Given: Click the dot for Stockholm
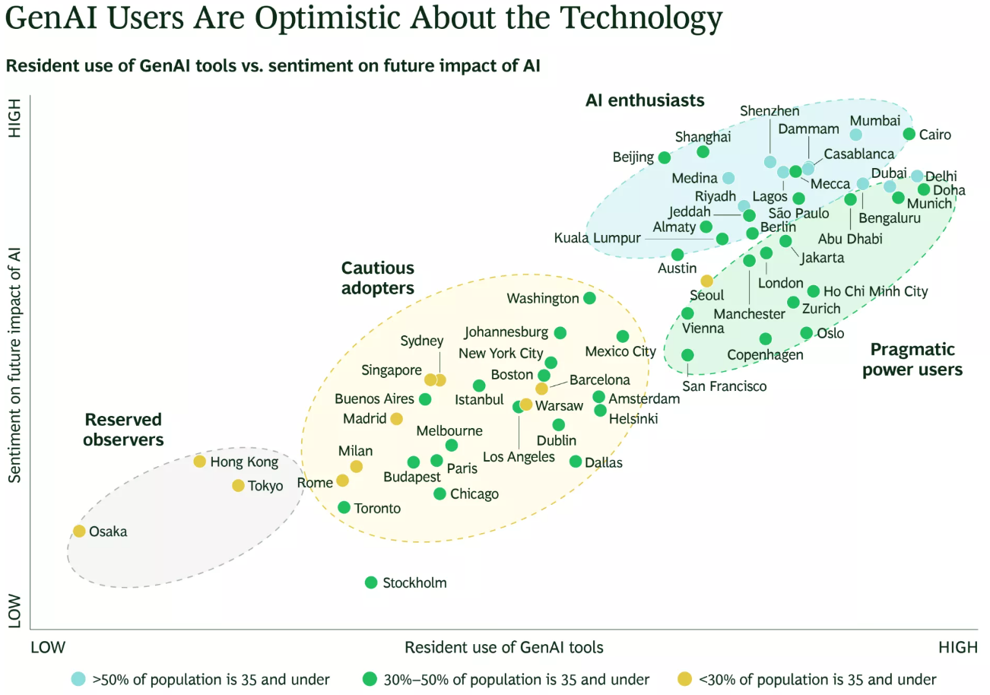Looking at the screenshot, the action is click(371, 582).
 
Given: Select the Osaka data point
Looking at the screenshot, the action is click(79, 531).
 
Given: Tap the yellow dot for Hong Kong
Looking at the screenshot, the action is click(200, 462).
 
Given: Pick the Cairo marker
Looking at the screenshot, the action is click(909, 134).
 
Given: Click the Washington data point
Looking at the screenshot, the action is click(589, 298).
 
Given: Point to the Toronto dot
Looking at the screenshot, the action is click(344, 507).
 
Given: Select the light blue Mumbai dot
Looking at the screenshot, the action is click(855, 135).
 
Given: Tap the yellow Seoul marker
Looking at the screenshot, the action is click(706, 281).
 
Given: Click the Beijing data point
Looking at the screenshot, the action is click(665, 157).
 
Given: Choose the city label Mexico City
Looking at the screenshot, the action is click(620, 351).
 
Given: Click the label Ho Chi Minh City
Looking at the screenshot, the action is click(875, 291).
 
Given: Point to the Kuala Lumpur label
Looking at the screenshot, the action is click(597, 238).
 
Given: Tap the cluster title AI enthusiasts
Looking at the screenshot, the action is click(645, 100).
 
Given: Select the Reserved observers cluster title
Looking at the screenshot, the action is click(123, 430).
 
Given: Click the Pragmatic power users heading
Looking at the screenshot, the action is click(912, 360).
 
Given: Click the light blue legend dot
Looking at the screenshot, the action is click(78, 678).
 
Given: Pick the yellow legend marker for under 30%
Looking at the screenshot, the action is click(684, 678).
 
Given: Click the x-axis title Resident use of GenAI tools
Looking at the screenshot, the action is click(504, 647).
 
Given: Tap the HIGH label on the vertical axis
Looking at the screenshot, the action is click(14, 118).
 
